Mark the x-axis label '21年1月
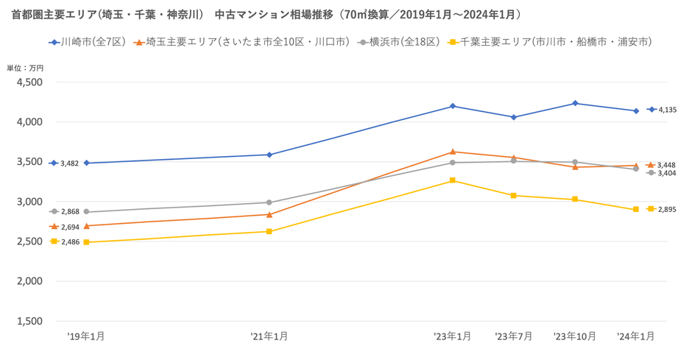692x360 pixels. pyautogui.click(x=269, y=336)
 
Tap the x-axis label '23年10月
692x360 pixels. pyautogui.click(x=575, y=336)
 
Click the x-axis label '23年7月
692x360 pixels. pyautogui.click(x=513, y=336)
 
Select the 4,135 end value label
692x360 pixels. pyautogui.click(x=667, y=110)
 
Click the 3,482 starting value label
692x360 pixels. pyautogui.click(x=70, y=163)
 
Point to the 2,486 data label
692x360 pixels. pyautogui.click(x=70, y=242)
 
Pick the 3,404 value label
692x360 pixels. pyautogui.click(x=667, y=173)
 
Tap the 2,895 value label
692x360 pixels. pyautogui.click(x=667, y=210)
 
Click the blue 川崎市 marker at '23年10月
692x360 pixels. pyautogui.click(x=575, y=103)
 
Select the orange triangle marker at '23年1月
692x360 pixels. pyautogui.click(x=453, y=152)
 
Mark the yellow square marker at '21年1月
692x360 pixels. pyautogui.click(x=269, y=231)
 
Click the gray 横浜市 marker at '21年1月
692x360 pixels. pyautogui.click(x=269, y=202)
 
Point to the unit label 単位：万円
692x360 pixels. pyautogui.click(x=25, y=68)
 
